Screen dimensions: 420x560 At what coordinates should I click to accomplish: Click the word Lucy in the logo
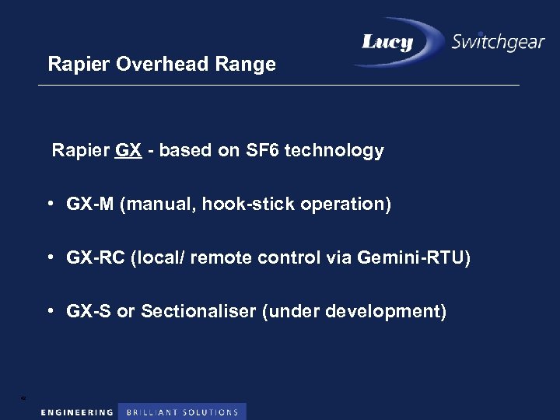387,43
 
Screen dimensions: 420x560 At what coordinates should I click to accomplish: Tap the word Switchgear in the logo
498,43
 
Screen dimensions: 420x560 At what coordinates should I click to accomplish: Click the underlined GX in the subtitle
128,150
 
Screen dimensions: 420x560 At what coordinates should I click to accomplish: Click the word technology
334,150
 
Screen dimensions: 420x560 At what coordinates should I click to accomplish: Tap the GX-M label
90,205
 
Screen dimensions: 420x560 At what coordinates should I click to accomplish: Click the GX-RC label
96,257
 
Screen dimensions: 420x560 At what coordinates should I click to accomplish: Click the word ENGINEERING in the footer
77,412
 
